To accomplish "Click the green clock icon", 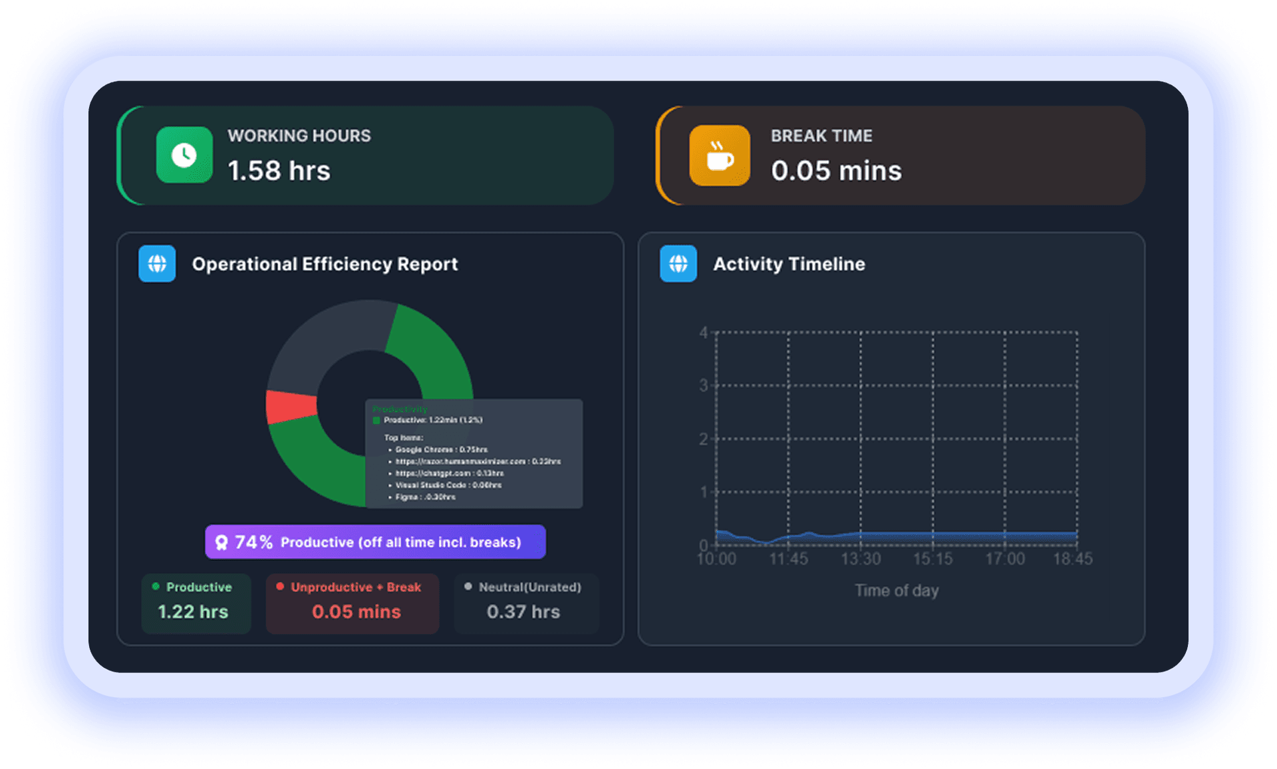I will click(184, 155).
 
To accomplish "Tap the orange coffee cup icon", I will click(719, 156).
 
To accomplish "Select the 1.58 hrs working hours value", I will click(279, 171).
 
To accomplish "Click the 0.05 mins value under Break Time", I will click(836, 171).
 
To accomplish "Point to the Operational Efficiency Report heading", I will click(325, 264).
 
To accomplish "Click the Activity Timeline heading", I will click(789, 264).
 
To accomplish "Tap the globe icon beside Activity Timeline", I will click(678, 264).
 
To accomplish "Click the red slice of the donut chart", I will click(290, 406).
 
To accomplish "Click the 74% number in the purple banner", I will click(253, 542).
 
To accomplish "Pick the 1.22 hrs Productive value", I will click(193, 611).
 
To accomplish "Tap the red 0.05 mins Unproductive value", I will click(356, 611).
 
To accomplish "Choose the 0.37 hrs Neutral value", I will click(523, 611).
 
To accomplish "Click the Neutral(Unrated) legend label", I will click(529, 587).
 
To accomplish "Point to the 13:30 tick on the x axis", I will click(861, 559).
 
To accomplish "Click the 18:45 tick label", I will click(1072, 559).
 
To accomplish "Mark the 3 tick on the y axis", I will click(704, 385).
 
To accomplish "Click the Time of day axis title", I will click(897, 590).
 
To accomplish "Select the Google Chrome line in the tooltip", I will click(441, 450).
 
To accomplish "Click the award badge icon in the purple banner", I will click(221, 542).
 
